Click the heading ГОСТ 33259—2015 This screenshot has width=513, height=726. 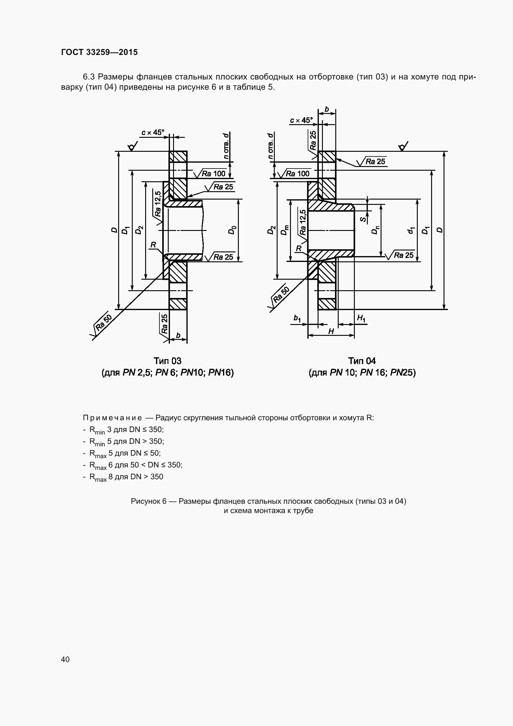100,52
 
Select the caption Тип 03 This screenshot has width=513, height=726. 167,361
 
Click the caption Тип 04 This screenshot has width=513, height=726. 362,361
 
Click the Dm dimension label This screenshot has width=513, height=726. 286,230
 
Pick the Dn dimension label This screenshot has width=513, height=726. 375,230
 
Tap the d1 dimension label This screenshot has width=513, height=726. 411,230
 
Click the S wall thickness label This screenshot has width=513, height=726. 364,219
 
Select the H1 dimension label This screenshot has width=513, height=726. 361,318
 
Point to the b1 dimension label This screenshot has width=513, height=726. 297,318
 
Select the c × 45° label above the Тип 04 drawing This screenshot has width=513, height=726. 301,120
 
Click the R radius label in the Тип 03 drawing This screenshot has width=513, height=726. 153,244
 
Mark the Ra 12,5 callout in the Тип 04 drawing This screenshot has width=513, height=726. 303,222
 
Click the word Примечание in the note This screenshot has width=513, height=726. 112,418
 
